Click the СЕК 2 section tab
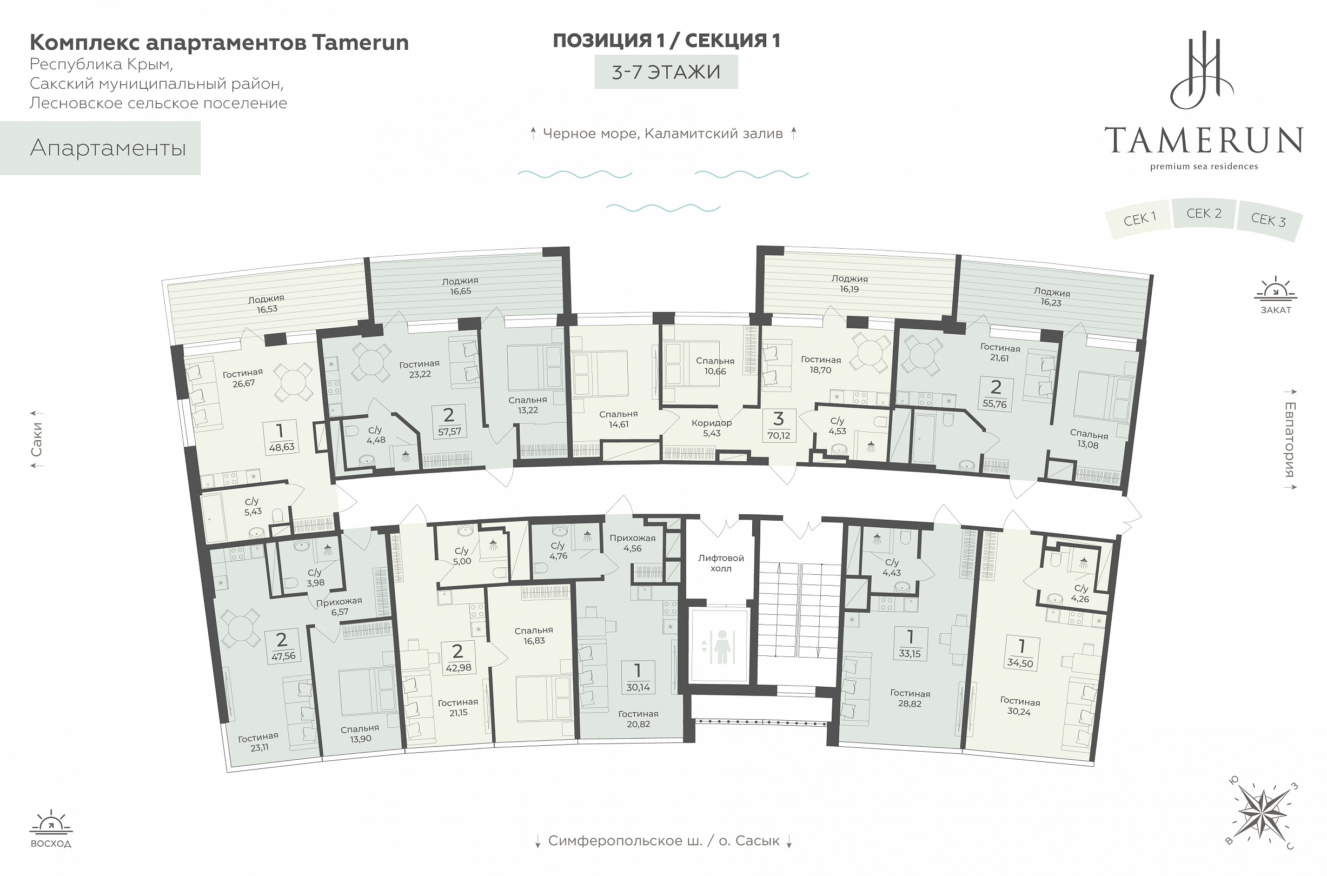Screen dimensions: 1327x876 click(x=1203, y=214)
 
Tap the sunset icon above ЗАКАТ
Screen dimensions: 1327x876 click(x=1276, y=289)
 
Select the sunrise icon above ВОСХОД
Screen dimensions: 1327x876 click(x=51, y=822)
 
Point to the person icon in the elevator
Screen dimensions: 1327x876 click(x=722, y=646)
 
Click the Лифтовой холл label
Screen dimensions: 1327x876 click(x=721, y=563)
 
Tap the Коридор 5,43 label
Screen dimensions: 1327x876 click(x=711, y=428)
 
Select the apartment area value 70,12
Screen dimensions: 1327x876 click(x=778, y=436)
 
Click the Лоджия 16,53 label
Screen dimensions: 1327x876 click(x=267, y=304)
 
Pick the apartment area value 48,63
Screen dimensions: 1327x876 click(x=282, y=447)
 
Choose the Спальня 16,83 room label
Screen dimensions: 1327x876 click(x=534, y=635)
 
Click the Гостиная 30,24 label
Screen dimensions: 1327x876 click(x=1020, y=706)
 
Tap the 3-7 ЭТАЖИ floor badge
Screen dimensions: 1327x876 click(x=666, y=72)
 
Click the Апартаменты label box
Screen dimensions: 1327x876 click(x=101, y=148)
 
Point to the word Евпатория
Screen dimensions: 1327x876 click(x=1290, y=439)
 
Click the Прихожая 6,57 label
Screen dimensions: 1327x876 click(x=339, y=606)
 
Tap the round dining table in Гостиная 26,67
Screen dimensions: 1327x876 click(x=293, y=383)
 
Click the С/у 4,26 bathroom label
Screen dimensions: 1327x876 click(x=1080, y=593)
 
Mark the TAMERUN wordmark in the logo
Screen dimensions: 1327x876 click(x=1204, y=140)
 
